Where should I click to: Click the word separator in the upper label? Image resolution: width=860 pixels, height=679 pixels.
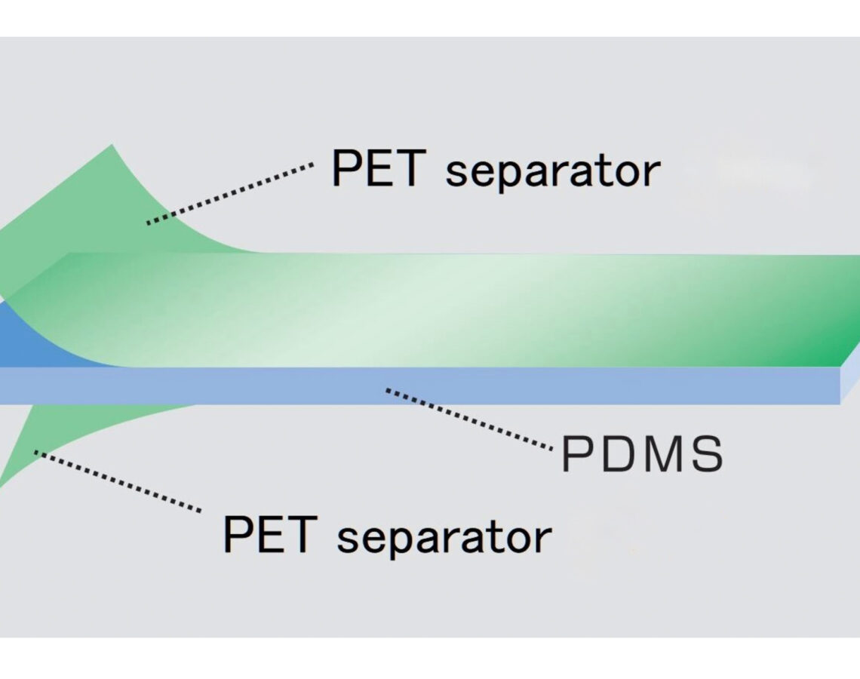[553, 171]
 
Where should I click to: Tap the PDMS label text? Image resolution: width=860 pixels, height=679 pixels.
[642, 453]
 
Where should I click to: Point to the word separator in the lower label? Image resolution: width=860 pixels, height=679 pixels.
[444, 537]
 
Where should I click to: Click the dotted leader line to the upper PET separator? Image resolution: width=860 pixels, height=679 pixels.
[230, 193]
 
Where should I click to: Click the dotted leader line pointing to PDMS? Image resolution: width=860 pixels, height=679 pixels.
[469, 419]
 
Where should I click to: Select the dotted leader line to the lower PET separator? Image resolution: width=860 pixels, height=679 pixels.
[118, 481]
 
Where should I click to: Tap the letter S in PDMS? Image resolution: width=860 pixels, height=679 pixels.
[708, 453]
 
